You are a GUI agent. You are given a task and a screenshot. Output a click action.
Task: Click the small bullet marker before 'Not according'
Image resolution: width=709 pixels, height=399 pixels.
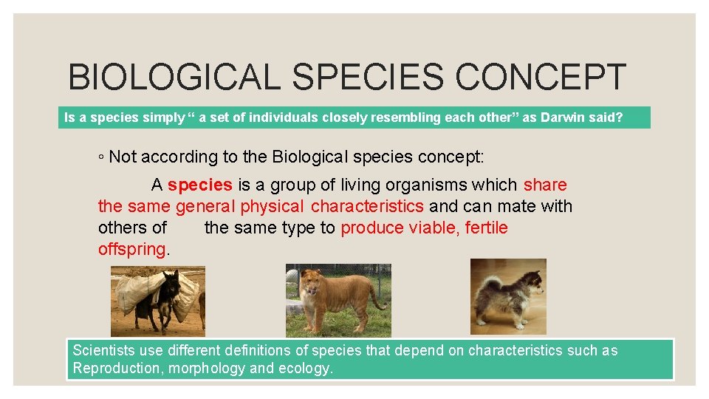coord(101,157)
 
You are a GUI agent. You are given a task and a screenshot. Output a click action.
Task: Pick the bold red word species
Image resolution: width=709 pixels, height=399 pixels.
coord(199,185)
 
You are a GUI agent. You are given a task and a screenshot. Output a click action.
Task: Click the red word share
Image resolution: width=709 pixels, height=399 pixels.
coord(545,185)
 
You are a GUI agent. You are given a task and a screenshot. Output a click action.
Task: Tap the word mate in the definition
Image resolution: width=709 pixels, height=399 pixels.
coord(519,206)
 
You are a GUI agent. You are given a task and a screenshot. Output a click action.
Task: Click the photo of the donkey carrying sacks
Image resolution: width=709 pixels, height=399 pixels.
coord(158,301)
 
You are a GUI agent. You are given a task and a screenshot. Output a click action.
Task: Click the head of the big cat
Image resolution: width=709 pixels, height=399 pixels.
coord(309,282)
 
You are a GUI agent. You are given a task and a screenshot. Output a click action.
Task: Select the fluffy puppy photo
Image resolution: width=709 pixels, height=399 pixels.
coord(508,295)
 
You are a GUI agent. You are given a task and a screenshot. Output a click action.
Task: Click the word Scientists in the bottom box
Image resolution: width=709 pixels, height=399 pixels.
coord(105,350)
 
